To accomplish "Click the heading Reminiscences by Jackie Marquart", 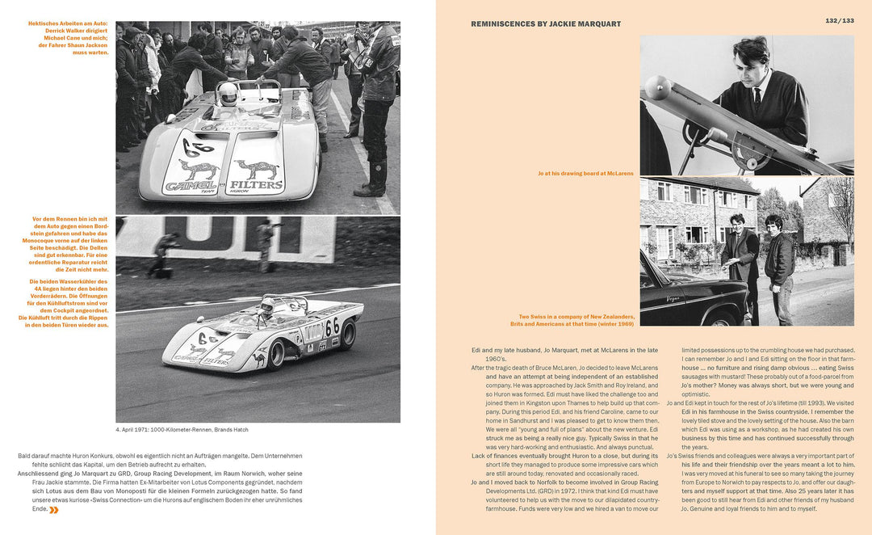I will (546, 24).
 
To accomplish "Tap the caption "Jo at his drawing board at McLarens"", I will (585, 174).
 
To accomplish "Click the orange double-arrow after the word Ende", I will (53, 510).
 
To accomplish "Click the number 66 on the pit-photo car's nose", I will (194, 149).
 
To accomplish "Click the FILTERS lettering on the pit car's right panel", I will (257, 184).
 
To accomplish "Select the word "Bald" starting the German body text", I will (25, 457).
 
